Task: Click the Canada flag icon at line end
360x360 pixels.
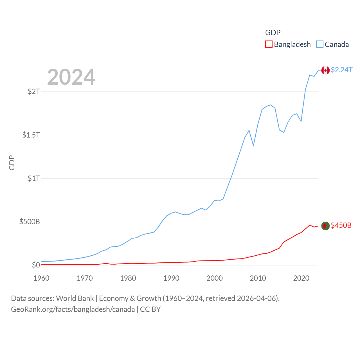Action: (325, 70)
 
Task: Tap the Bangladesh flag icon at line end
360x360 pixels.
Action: (325, 226)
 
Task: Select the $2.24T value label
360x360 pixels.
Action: (341, 70)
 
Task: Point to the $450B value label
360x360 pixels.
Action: (341, 225)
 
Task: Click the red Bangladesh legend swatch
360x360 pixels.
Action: (269, 44)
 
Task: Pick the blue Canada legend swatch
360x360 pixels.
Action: (320, 44)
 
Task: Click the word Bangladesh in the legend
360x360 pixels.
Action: (292, 44)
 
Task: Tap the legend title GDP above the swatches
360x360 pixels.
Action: (273, 33)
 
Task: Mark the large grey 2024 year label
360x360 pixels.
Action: (71, 77)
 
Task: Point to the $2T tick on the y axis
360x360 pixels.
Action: (34, 91)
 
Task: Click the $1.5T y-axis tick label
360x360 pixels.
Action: (31, 135)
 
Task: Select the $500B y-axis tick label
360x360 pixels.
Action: (30, 222)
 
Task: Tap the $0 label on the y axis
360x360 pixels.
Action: (36, 265)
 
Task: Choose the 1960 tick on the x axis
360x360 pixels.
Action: (41, 278)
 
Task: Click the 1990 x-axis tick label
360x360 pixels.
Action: (171, 278)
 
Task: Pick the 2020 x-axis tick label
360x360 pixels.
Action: (301, 278)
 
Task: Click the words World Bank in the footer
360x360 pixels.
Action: (75, 298)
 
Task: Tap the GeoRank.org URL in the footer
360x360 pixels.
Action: (73, 309)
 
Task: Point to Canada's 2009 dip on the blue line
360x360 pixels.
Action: (253, 145)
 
